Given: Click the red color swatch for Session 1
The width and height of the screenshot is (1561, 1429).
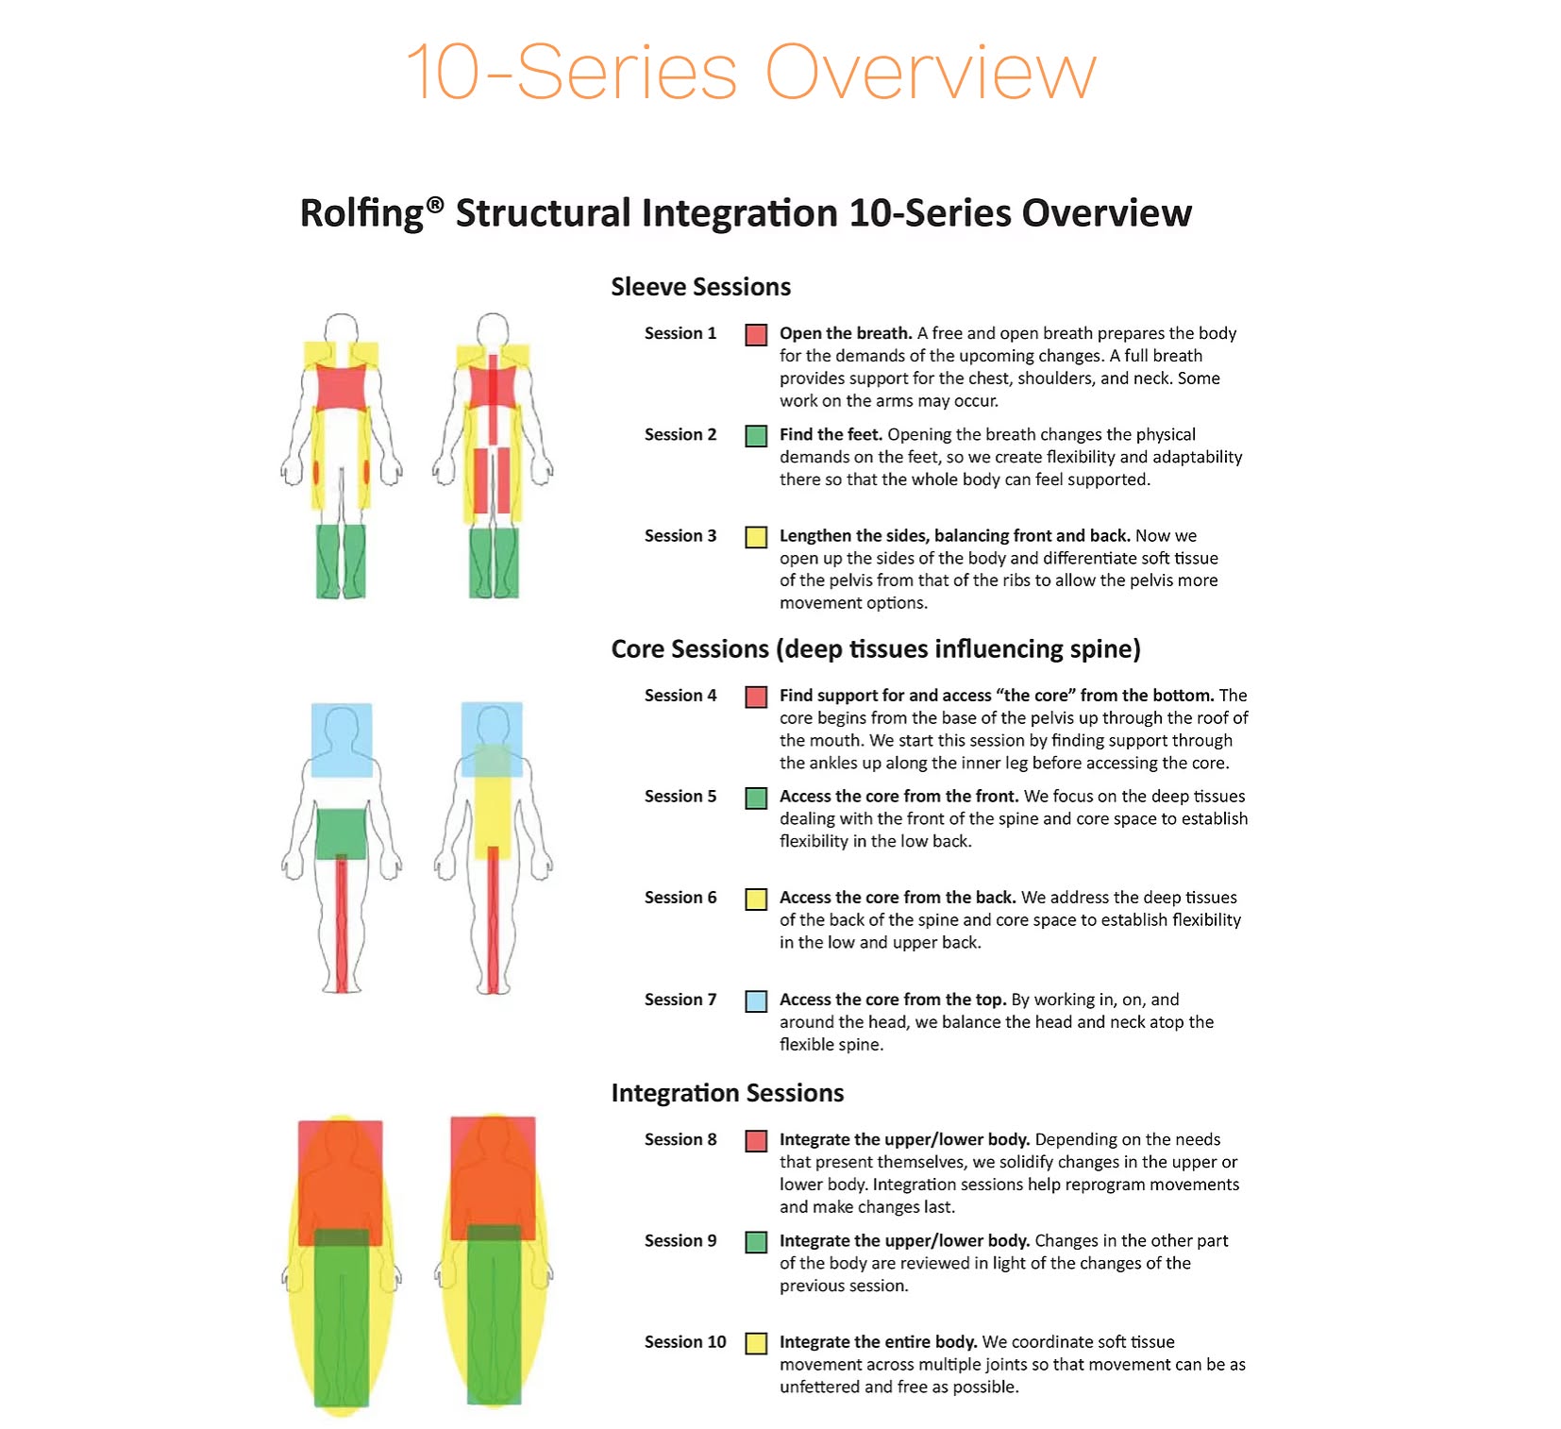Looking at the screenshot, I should pyautogui.click(x=755, y=334).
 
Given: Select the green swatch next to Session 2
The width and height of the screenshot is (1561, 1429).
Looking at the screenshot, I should pyautogui.click(x=755, y=435).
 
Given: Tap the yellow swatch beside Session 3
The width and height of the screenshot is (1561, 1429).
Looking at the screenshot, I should pyautogui.click(x=755, y=537).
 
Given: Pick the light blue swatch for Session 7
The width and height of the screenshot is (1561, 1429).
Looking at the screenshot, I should pyautogui.click(x=755, y=1000).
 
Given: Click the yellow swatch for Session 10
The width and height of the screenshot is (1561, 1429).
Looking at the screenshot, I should pyautogui.click(x=755, y=1343).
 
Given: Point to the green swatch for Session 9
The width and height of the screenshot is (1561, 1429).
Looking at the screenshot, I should pyautogui.click(x=755, y=1242).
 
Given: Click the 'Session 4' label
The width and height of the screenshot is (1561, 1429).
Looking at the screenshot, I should pyautogui.click(x=680, y=696).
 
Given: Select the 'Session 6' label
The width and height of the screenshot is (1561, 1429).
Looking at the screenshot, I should pyautogui.click(x=680, y=898).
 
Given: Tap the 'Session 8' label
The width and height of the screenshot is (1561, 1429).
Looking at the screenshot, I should pyautogui.click(x=680, y=1139).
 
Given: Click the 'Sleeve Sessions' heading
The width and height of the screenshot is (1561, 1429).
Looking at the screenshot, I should pyautogui.click(x=700, y=287).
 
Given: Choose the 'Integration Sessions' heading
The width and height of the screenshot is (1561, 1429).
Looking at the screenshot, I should pyautogui.click(x=727, y=1093).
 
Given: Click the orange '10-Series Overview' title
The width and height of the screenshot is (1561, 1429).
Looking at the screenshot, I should pyautogui.click(x=750, y=72).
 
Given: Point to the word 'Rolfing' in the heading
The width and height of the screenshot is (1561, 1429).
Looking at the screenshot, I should pyautogui.click(x=361, y=213).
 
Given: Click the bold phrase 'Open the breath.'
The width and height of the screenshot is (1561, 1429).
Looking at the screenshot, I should pyautogui.click(x=845, y=333).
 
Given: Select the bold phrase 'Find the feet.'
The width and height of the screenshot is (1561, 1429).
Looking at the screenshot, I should pyautogui.click(x=831, y=434).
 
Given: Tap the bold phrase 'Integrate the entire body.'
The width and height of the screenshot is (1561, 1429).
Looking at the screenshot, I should pyautogui.click(x=878, y=1342).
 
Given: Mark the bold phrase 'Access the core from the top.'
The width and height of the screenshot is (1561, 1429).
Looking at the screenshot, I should pyautogui.click(x=892, y=1000).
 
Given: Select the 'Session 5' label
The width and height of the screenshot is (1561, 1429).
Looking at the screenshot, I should pyautogui.click(x=680, y=797).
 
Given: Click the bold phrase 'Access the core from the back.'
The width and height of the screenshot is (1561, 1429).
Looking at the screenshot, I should pyautogui.click(x=897, y=898).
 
